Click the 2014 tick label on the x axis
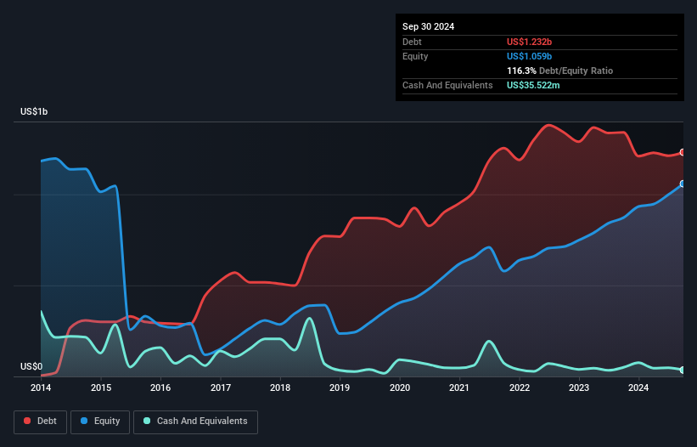click(x=41, y=388)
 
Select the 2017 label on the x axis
click(x=221, y=388)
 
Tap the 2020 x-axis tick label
click(x=400, y=388)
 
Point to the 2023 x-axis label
click(x=579, y=388)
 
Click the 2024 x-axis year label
click(x=638, y=388)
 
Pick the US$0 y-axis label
click(x=31, y=366)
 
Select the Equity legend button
click(x=100, y=422)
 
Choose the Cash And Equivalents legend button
click(x=195, y=422)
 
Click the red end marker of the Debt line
click(x=682, y=152)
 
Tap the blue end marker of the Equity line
click(x=682, y=184)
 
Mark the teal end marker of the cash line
click(x=682, y=370)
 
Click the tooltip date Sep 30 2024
click(x=429, y=26)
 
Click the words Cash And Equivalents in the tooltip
click(x=447, y=86)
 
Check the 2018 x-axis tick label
click(x=280, y=388)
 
